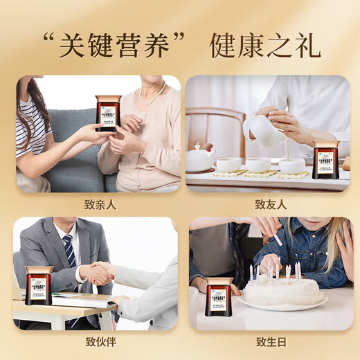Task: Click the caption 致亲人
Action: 98,204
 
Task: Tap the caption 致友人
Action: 270,204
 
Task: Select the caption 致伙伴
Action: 98,341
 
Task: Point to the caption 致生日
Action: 270,341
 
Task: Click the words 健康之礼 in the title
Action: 265,45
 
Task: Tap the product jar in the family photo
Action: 107,113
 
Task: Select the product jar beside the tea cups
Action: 325,159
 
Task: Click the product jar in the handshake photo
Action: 38,285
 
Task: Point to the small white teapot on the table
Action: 199,158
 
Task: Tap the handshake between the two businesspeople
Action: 98,273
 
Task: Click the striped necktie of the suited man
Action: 70,253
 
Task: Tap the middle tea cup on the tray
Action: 258,165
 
